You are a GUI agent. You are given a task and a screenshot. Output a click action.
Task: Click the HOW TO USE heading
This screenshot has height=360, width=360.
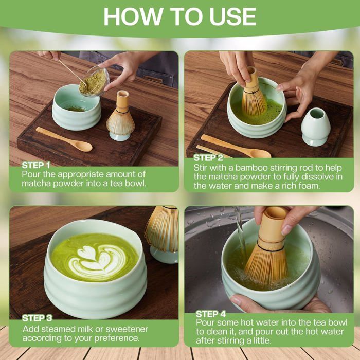(x=180, y=16)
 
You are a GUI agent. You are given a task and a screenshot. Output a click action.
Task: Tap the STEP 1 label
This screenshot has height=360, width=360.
(x=36, y=165)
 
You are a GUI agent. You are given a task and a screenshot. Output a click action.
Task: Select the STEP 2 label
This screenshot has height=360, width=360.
(x=208, y=158)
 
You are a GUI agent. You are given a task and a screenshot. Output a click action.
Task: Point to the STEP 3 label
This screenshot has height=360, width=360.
(x=37, y=318)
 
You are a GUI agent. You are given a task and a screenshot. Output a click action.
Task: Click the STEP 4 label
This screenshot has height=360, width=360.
(x=211, y=314)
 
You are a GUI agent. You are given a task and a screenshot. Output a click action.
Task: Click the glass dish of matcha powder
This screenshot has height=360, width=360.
(x=94, y=81)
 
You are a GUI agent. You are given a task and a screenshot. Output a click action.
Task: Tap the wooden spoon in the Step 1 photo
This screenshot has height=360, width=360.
(x=64, y=139)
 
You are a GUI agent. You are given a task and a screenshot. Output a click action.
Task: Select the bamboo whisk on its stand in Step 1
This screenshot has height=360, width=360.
(x=120, y=115)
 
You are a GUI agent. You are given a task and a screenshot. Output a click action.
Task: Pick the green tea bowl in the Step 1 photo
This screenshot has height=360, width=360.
(x=77, y=107)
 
